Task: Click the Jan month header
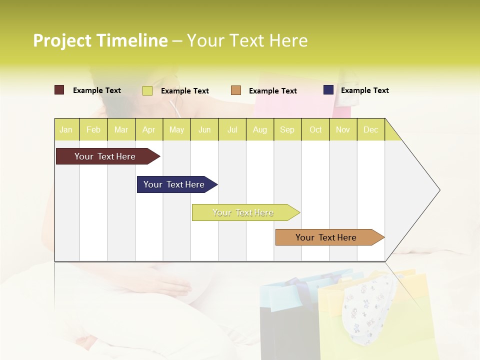[x=66, y=129]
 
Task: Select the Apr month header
[x=149, y=129]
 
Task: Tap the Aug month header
[x=259, y=129]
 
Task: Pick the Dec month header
[x=370, y=129]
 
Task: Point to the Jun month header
[x=204, y=129]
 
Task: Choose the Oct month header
[x=315, y=129]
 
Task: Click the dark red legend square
[x=59, y=90]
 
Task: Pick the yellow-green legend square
[x=147, y=90]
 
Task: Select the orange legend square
[x=236, y=90]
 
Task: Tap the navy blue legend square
[x=328, y=90]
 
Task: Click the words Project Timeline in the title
[x=100, y=40]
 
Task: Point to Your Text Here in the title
[x=247, y=40]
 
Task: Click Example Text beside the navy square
[x=364, y=90]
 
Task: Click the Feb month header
[x=93, y=129]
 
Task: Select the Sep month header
[x=287, y=129]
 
